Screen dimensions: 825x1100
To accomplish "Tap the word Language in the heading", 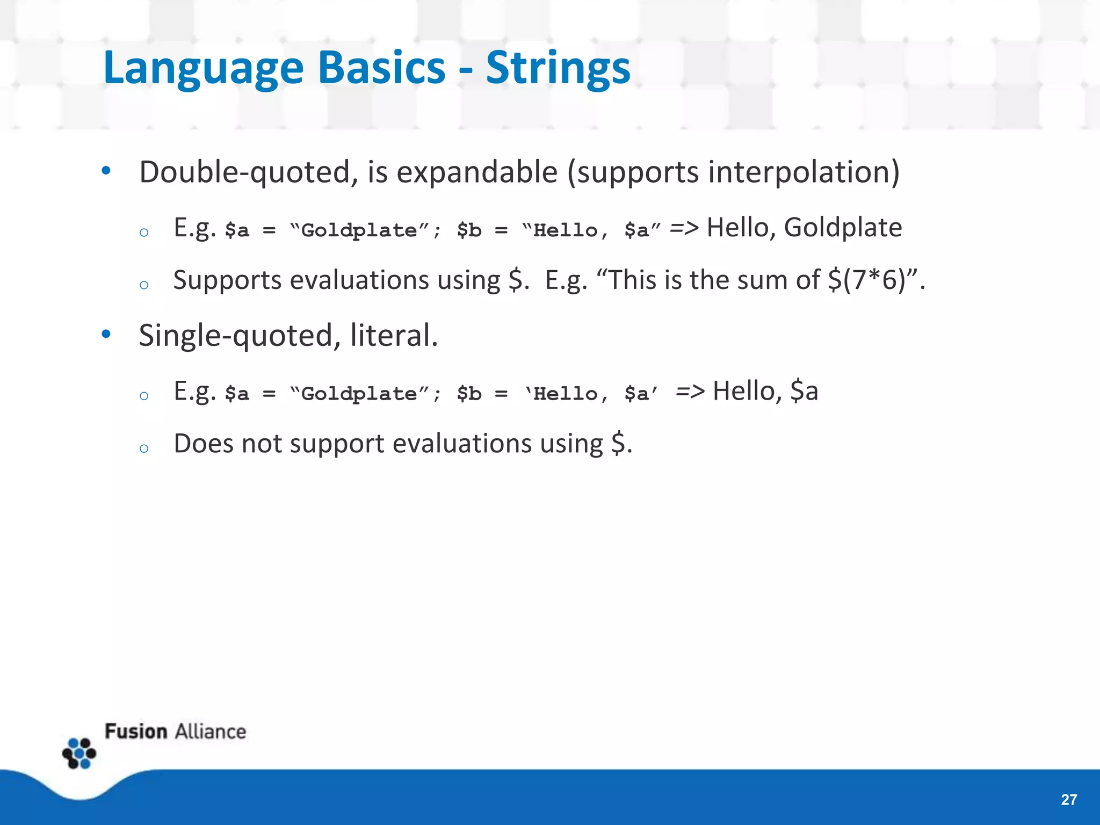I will tap(204, 69).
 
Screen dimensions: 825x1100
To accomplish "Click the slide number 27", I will tap(1068, 800).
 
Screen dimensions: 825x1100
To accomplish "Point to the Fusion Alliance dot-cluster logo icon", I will tap(79, 753).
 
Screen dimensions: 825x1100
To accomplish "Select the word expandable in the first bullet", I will tap(477, 172).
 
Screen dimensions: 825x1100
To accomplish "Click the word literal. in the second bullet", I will tap(394, 336).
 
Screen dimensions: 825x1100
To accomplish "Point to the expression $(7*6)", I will tap(866, 280).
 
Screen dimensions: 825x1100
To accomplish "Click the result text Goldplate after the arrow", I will tap(842, 227).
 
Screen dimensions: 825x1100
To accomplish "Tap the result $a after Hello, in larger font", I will tap(804, 390).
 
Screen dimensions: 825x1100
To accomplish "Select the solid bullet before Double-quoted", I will tap(106, 171).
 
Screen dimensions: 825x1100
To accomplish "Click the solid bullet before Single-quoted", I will tap(106, 334).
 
